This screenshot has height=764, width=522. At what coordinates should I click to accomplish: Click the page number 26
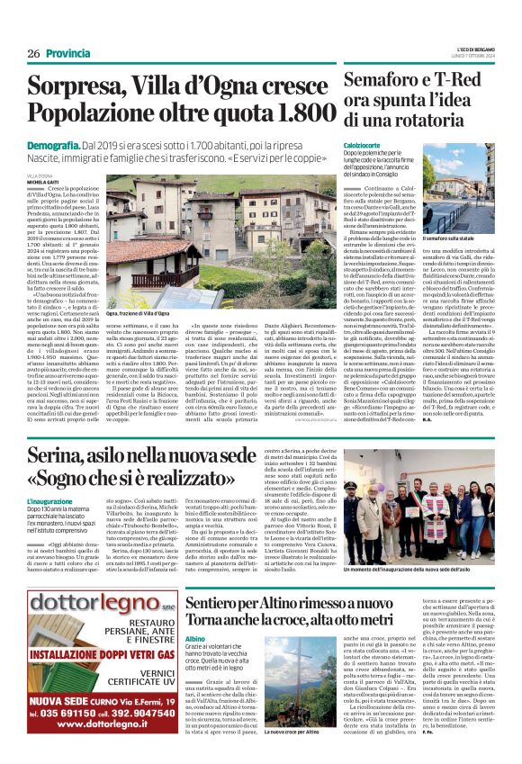pos(33,53)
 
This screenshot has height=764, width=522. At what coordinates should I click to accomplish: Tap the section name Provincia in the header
pos(68,53)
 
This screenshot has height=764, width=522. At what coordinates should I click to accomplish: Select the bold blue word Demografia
pos(52,144)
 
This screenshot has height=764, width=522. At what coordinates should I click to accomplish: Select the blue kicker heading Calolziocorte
pos(364,144)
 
